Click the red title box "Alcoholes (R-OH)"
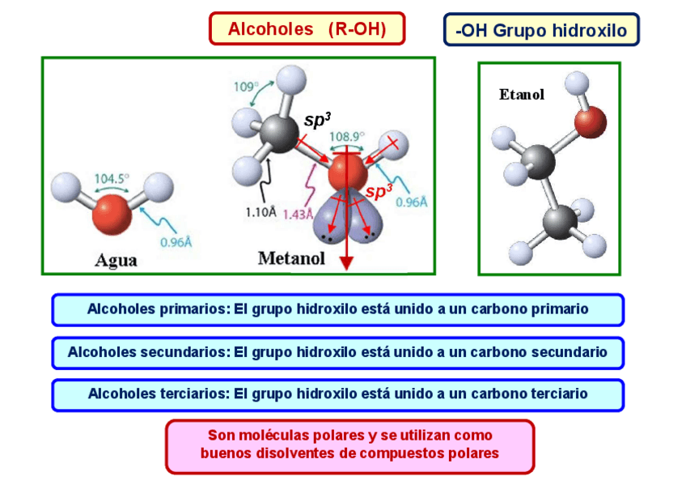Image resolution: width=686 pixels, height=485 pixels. [307, 29]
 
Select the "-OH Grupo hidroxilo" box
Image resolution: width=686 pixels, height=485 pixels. [541, 31]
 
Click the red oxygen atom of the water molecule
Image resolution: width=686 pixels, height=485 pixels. [111, 219]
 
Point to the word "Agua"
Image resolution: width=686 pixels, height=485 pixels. [116, 260]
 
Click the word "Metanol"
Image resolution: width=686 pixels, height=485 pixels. [291, 258]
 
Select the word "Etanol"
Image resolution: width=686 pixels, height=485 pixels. [522, 94]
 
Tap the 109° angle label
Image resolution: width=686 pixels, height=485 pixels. [247, 86]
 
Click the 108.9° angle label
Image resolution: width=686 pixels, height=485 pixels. [347, 136]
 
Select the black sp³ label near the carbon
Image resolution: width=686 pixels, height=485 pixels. [317, 121]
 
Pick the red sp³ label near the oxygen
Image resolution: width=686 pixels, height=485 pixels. [379, 192]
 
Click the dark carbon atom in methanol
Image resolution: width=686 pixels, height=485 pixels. [280, 133]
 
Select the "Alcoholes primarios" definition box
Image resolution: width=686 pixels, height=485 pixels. [337, 309]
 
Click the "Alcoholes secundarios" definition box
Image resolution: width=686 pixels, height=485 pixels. [337, 352]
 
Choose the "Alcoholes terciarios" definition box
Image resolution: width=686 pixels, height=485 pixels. [337, 394]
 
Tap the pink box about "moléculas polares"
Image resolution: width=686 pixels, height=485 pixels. [349, 445]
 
